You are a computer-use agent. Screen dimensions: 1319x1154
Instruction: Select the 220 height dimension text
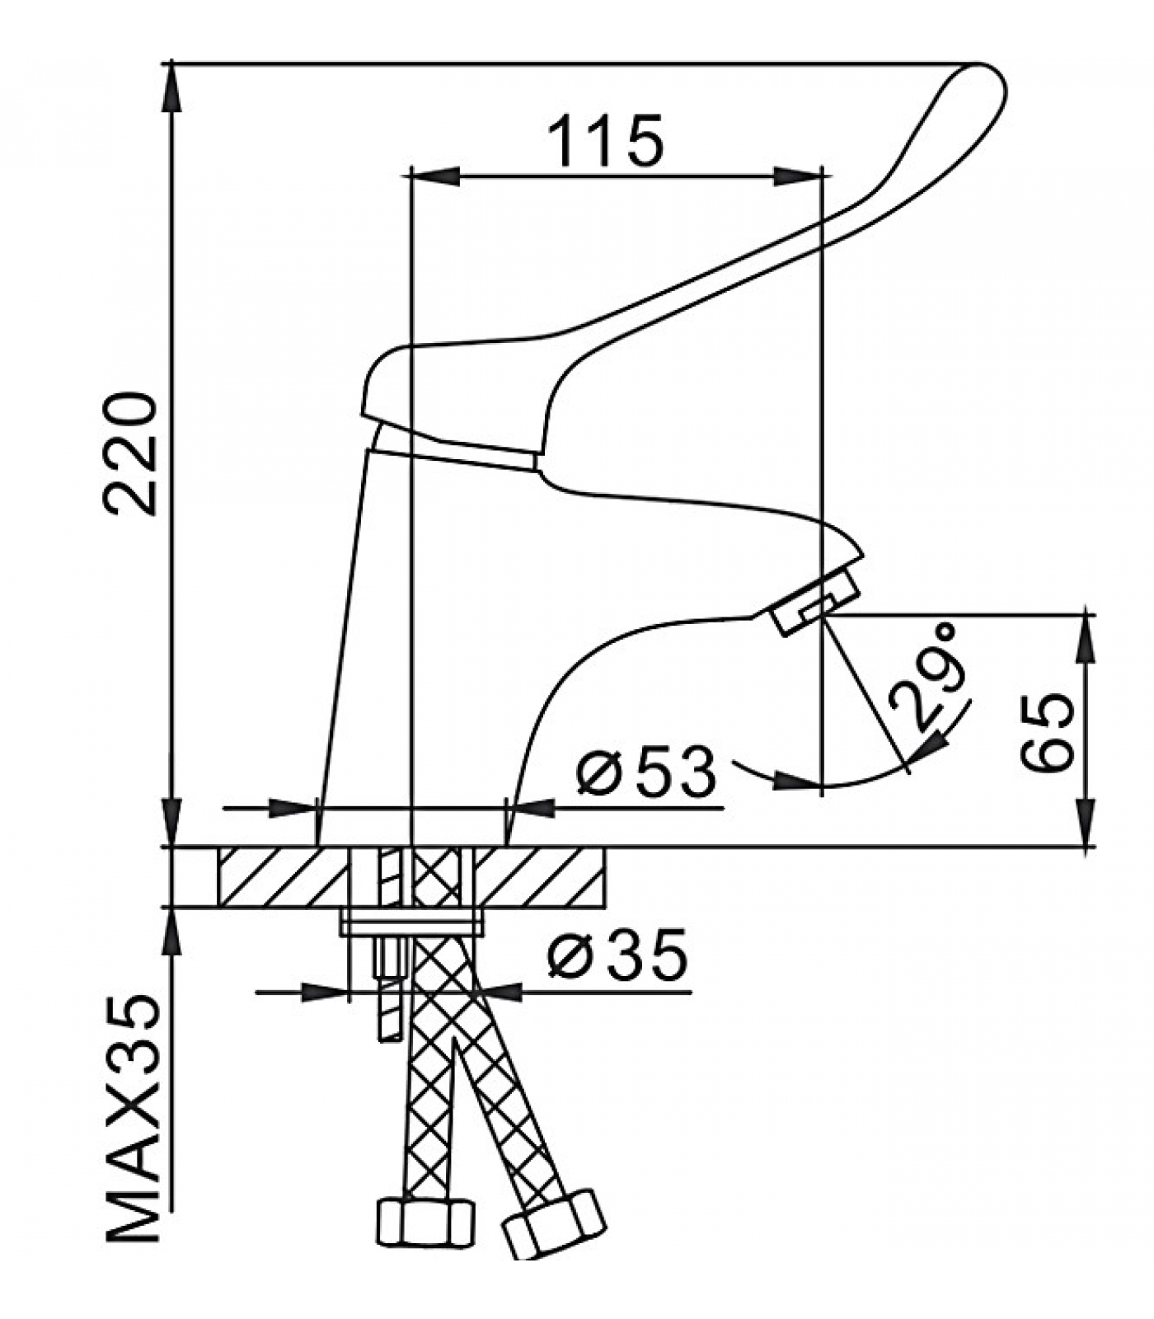(130, 454)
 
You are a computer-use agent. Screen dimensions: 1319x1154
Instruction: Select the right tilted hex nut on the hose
(554, 1223)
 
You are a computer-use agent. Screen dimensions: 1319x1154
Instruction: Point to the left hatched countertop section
(280, 877)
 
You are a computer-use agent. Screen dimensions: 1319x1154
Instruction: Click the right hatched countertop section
(540, 877)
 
